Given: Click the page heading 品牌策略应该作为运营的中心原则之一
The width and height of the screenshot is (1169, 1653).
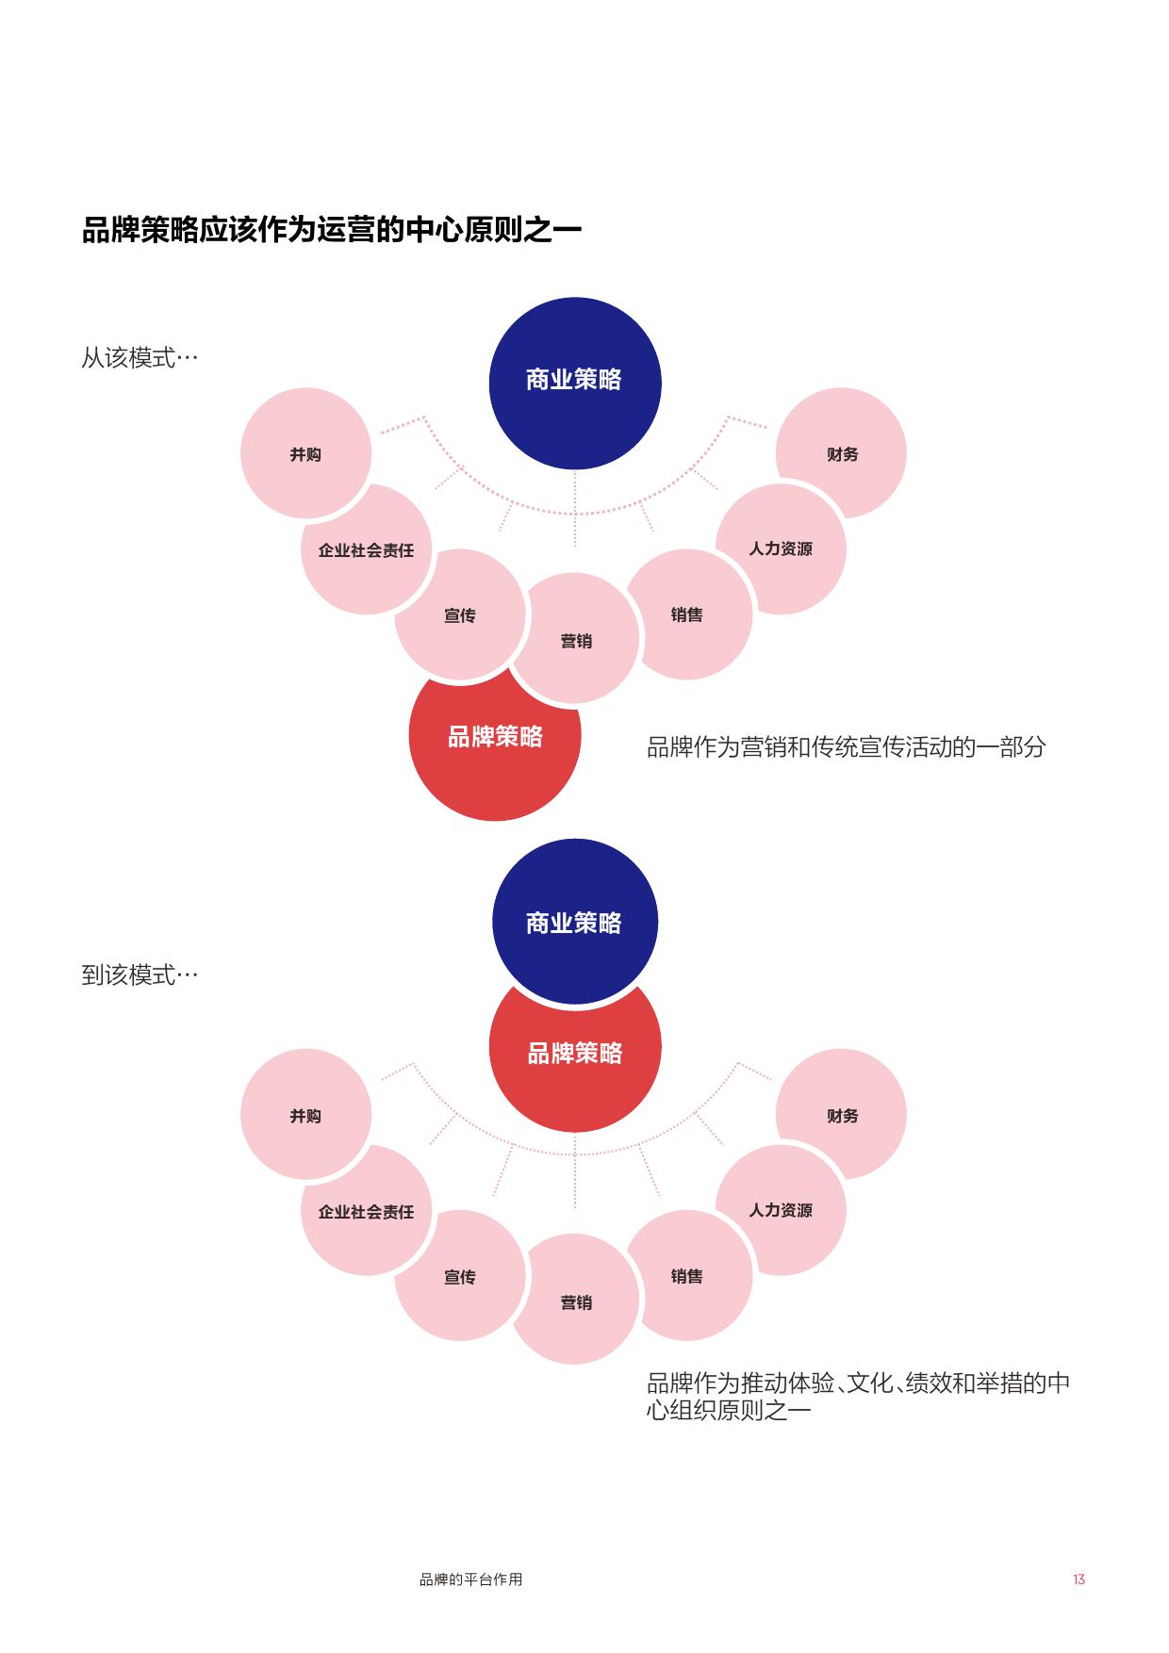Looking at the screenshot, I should (x=331, y=230).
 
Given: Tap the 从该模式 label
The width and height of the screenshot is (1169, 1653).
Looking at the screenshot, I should (x=140, y=358).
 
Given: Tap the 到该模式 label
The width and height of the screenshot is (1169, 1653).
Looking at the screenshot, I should (x=140, y=974).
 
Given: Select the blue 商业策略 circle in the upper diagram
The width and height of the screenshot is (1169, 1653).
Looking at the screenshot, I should (x=574, y=381).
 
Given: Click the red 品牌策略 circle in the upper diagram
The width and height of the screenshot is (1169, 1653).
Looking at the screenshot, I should (x=494, y=745).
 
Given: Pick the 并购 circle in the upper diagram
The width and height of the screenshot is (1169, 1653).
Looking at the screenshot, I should (x=305, y=454).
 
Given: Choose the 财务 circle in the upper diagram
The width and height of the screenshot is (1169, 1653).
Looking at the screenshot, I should (x=843, y=454).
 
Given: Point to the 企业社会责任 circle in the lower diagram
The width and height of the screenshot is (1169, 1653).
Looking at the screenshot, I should (x=366, y=1212).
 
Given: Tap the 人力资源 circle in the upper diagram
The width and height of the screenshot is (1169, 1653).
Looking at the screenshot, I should (x=781, y=548).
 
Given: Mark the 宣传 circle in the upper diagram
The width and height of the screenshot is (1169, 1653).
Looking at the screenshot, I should (x=459, y=615).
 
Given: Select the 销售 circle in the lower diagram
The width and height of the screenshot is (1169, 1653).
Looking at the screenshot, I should (x=687, y=1276).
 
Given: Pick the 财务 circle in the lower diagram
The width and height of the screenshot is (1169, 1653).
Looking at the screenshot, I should (x=843, y=1116).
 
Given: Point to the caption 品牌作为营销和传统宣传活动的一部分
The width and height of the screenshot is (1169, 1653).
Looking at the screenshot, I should (x=846, y=747).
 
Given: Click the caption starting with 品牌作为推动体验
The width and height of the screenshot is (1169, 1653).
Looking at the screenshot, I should (x=858, y=1397).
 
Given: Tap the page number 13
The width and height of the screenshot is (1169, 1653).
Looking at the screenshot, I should (x=1078, y=1579).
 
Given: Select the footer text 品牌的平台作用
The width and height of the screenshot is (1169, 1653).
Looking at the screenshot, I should (x=470, y=1579).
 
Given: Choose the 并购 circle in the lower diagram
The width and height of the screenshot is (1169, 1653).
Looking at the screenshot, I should (x=305, y=1116).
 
